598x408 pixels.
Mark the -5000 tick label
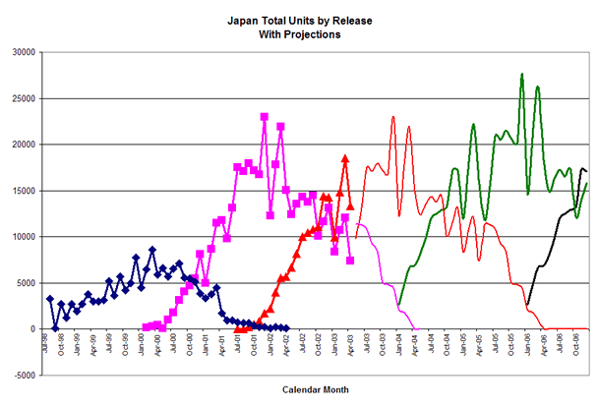24,376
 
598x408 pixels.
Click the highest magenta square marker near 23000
265,117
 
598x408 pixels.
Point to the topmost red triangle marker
345,157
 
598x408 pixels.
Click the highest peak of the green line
522,74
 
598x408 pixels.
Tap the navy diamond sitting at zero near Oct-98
55,328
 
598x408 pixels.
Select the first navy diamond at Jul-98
49,298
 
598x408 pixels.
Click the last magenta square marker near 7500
350,261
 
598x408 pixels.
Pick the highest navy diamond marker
151,250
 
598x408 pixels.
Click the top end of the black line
582,168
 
